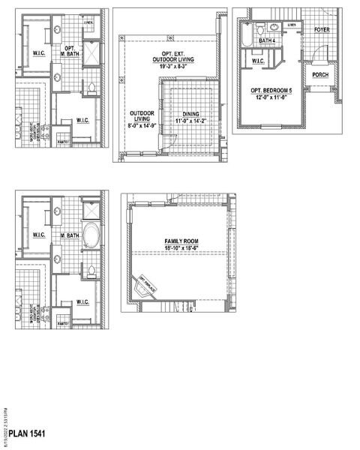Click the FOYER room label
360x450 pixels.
tap(322, 30)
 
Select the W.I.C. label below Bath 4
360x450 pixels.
tap(258, 61)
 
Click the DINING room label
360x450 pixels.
tap(191, 114)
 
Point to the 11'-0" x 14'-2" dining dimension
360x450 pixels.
tap(191, 121)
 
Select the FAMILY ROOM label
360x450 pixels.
tap(179, 241)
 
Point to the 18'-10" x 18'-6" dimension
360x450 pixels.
tap(179, 248)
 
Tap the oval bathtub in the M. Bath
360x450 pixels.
tap(91, 235)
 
